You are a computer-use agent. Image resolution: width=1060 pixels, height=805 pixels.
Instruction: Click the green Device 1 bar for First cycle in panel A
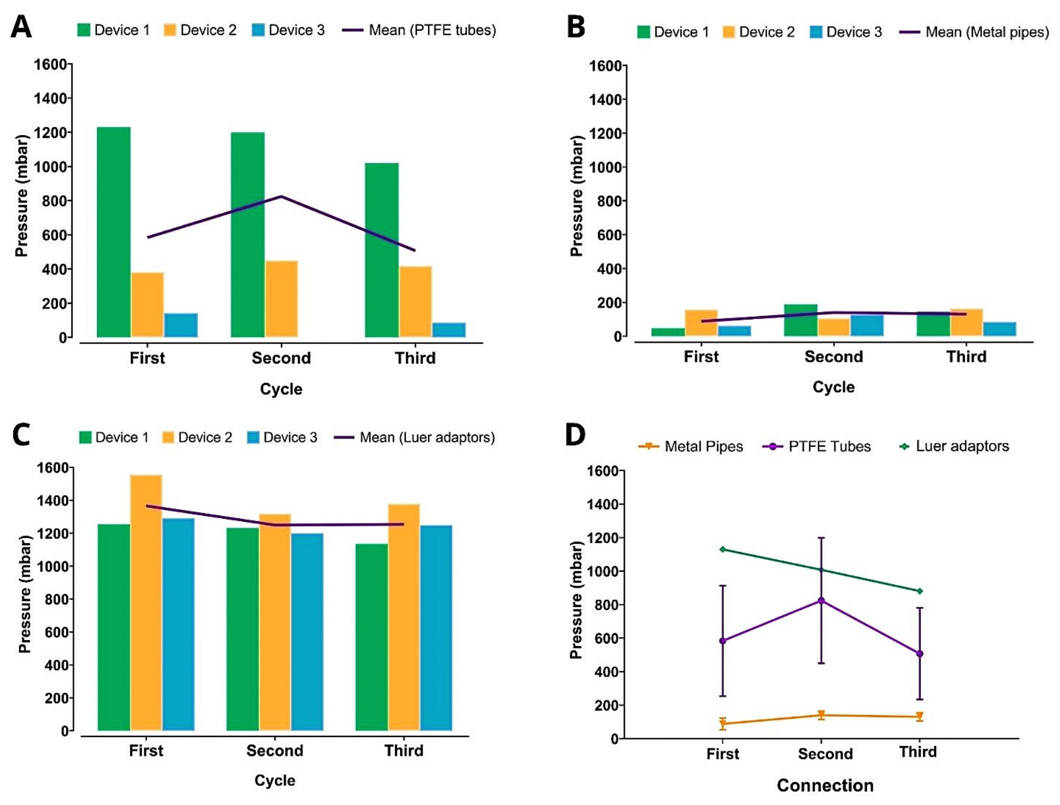[x=114, y=232]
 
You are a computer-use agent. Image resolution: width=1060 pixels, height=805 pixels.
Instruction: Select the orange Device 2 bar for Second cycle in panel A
[x=282, y=299]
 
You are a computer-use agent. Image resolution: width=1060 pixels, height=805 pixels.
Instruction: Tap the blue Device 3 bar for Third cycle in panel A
[x=449, y=330]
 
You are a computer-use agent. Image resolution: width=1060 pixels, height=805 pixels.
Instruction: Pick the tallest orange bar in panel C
[x=146, y=602]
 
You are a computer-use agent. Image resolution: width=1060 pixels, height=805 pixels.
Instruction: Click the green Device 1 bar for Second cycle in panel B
[x=801, y=320]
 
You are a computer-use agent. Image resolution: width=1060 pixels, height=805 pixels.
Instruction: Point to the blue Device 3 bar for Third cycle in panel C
[x=436, y=628]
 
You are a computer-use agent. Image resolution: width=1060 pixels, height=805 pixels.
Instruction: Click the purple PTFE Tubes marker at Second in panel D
[x=821, y=601]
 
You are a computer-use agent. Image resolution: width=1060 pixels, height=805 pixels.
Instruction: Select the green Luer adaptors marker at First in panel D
[x=723, y=549]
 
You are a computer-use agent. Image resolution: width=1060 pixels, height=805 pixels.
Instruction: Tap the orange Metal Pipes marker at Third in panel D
[x=920, y=716]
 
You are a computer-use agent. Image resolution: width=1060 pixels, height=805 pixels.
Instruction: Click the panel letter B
[x=576, y=27]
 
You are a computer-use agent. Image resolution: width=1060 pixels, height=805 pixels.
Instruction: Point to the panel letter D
[x=576, y=434]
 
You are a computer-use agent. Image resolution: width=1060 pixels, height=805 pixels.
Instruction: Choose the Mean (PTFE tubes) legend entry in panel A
[x=419, y=30]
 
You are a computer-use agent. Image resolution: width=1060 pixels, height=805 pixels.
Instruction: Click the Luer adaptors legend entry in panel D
[x=954, y=446]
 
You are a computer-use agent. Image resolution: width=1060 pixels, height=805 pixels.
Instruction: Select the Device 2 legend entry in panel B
[x=758, y=32]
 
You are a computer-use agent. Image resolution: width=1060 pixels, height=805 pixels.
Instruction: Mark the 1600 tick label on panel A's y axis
[x=50, y=64]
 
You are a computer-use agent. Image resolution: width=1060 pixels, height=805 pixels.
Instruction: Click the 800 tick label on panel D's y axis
[x=606, y=604]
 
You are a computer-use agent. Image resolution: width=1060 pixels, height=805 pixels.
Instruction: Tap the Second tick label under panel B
[x=833, y=356]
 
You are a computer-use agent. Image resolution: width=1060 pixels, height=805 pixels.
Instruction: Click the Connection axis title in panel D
[x=825, y=785]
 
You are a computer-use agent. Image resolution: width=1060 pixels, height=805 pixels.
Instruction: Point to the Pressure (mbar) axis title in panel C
[x=24, y=594]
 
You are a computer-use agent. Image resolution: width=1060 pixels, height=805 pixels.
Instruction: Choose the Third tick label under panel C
[x=404, y=750]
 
